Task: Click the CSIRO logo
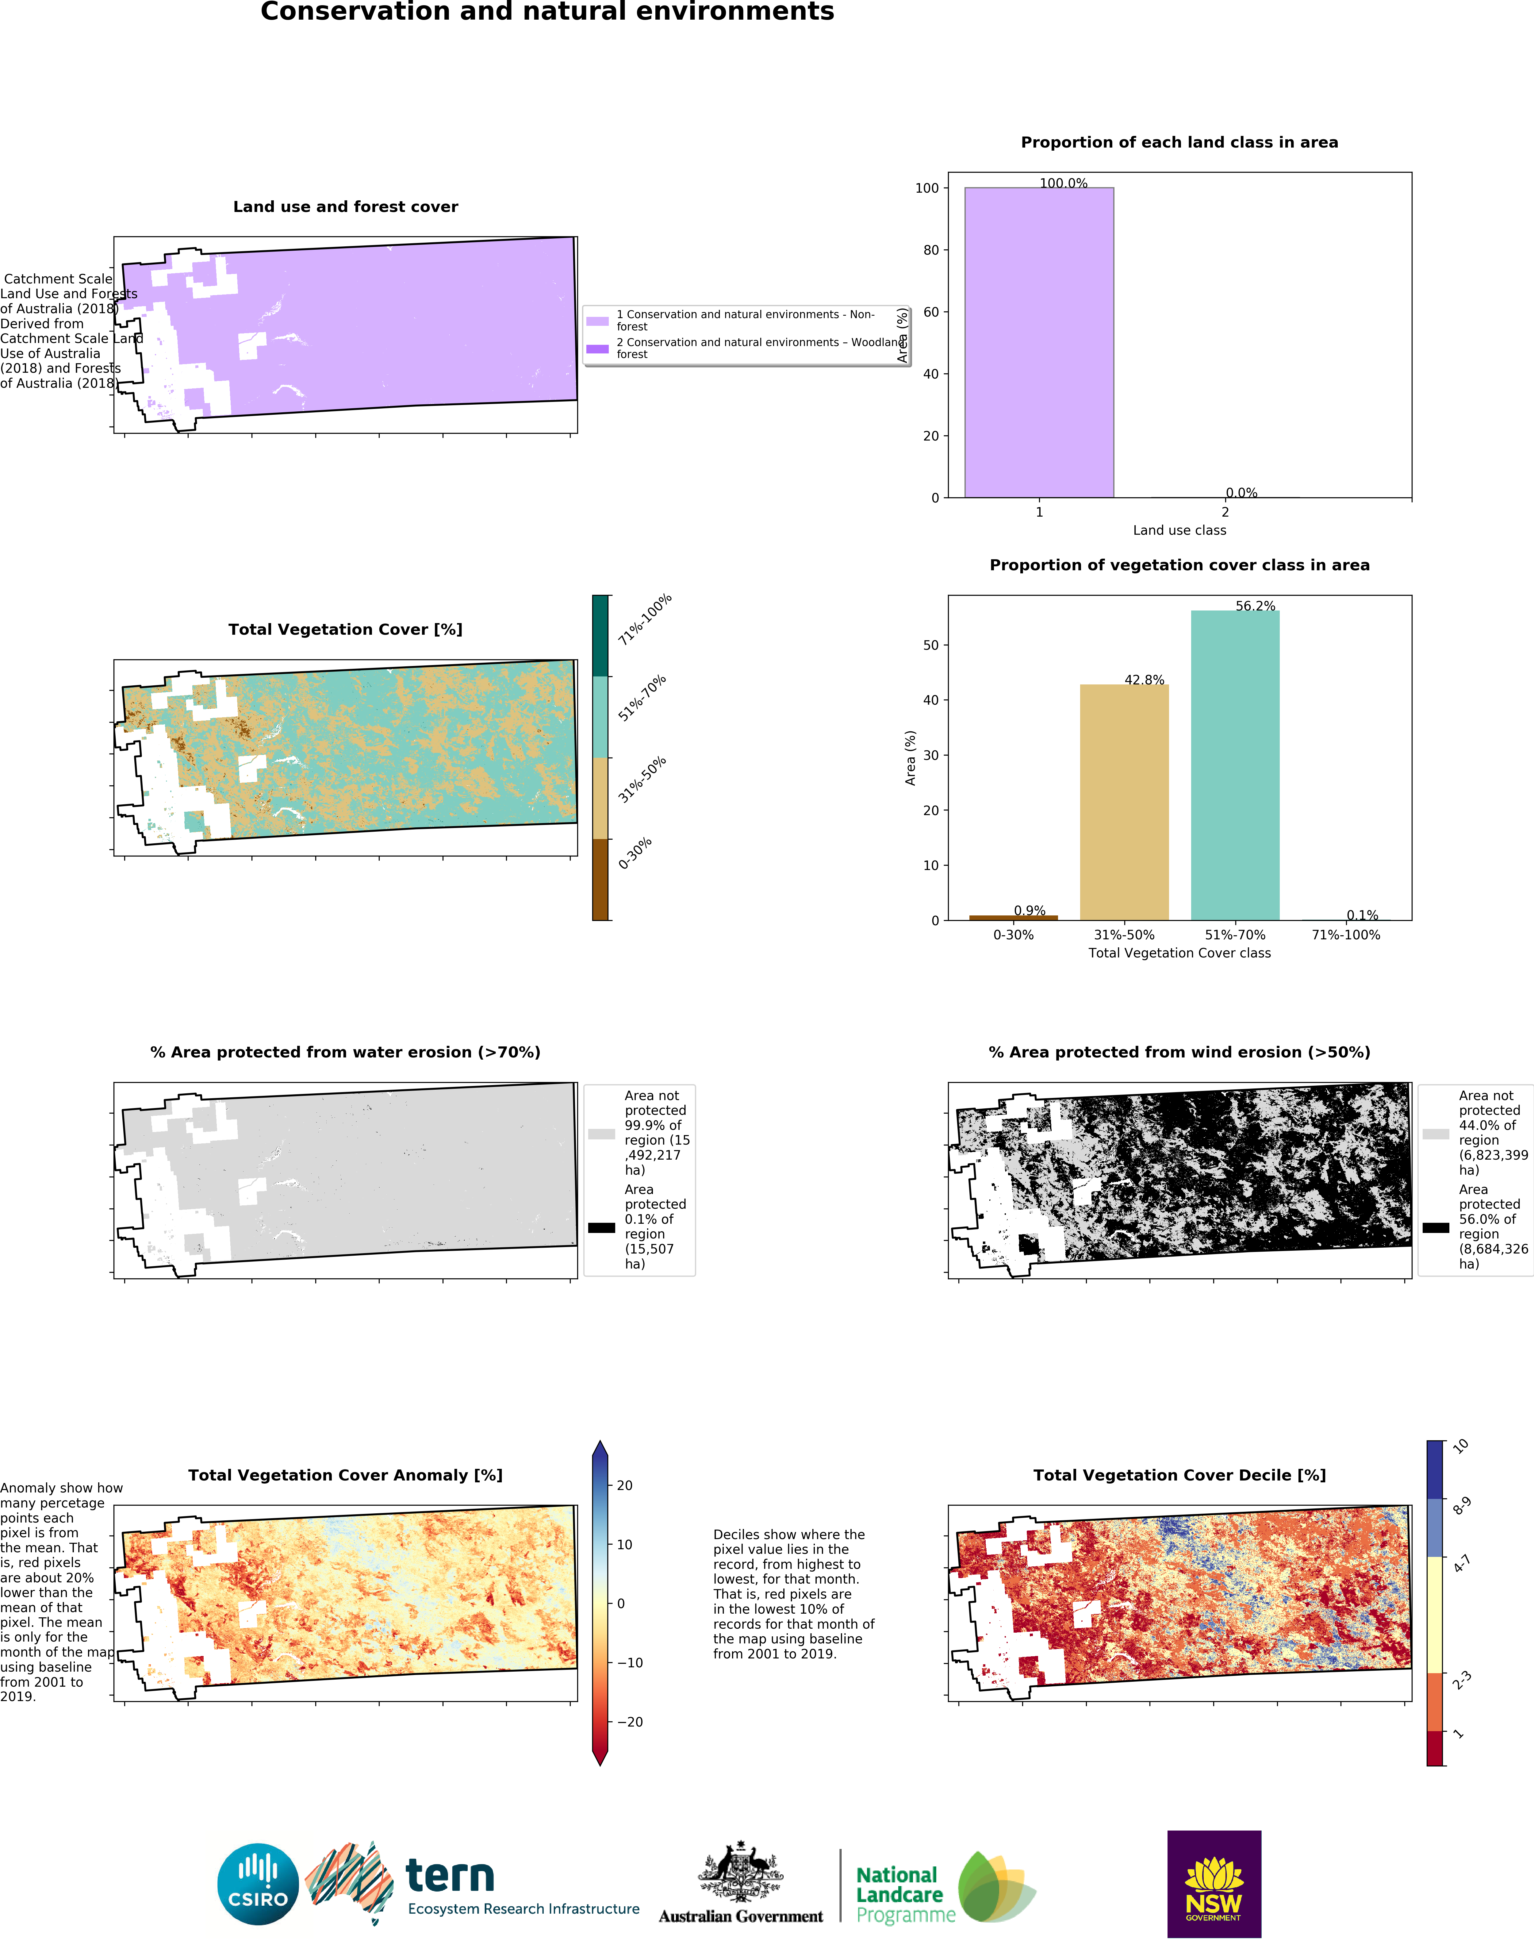click(x=258, y=1884)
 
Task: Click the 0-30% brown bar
click(x=1013, y=917)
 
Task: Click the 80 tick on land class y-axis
click(x=930, y=250)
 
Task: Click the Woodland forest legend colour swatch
click(x=597, y=348)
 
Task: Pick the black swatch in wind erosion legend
click(x=1435, y=1227)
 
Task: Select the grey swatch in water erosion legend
click(x=601, y=1134)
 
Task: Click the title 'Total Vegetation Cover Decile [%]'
click(x=1179, y=1475)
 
